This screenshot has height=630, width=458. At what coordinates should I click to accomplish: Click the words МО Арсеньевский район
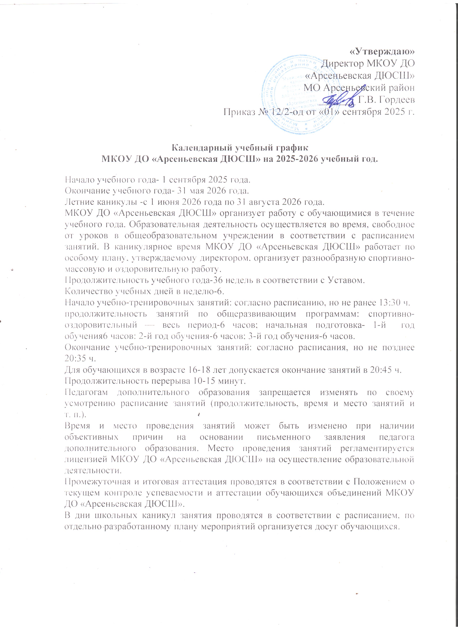point(359,88)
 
